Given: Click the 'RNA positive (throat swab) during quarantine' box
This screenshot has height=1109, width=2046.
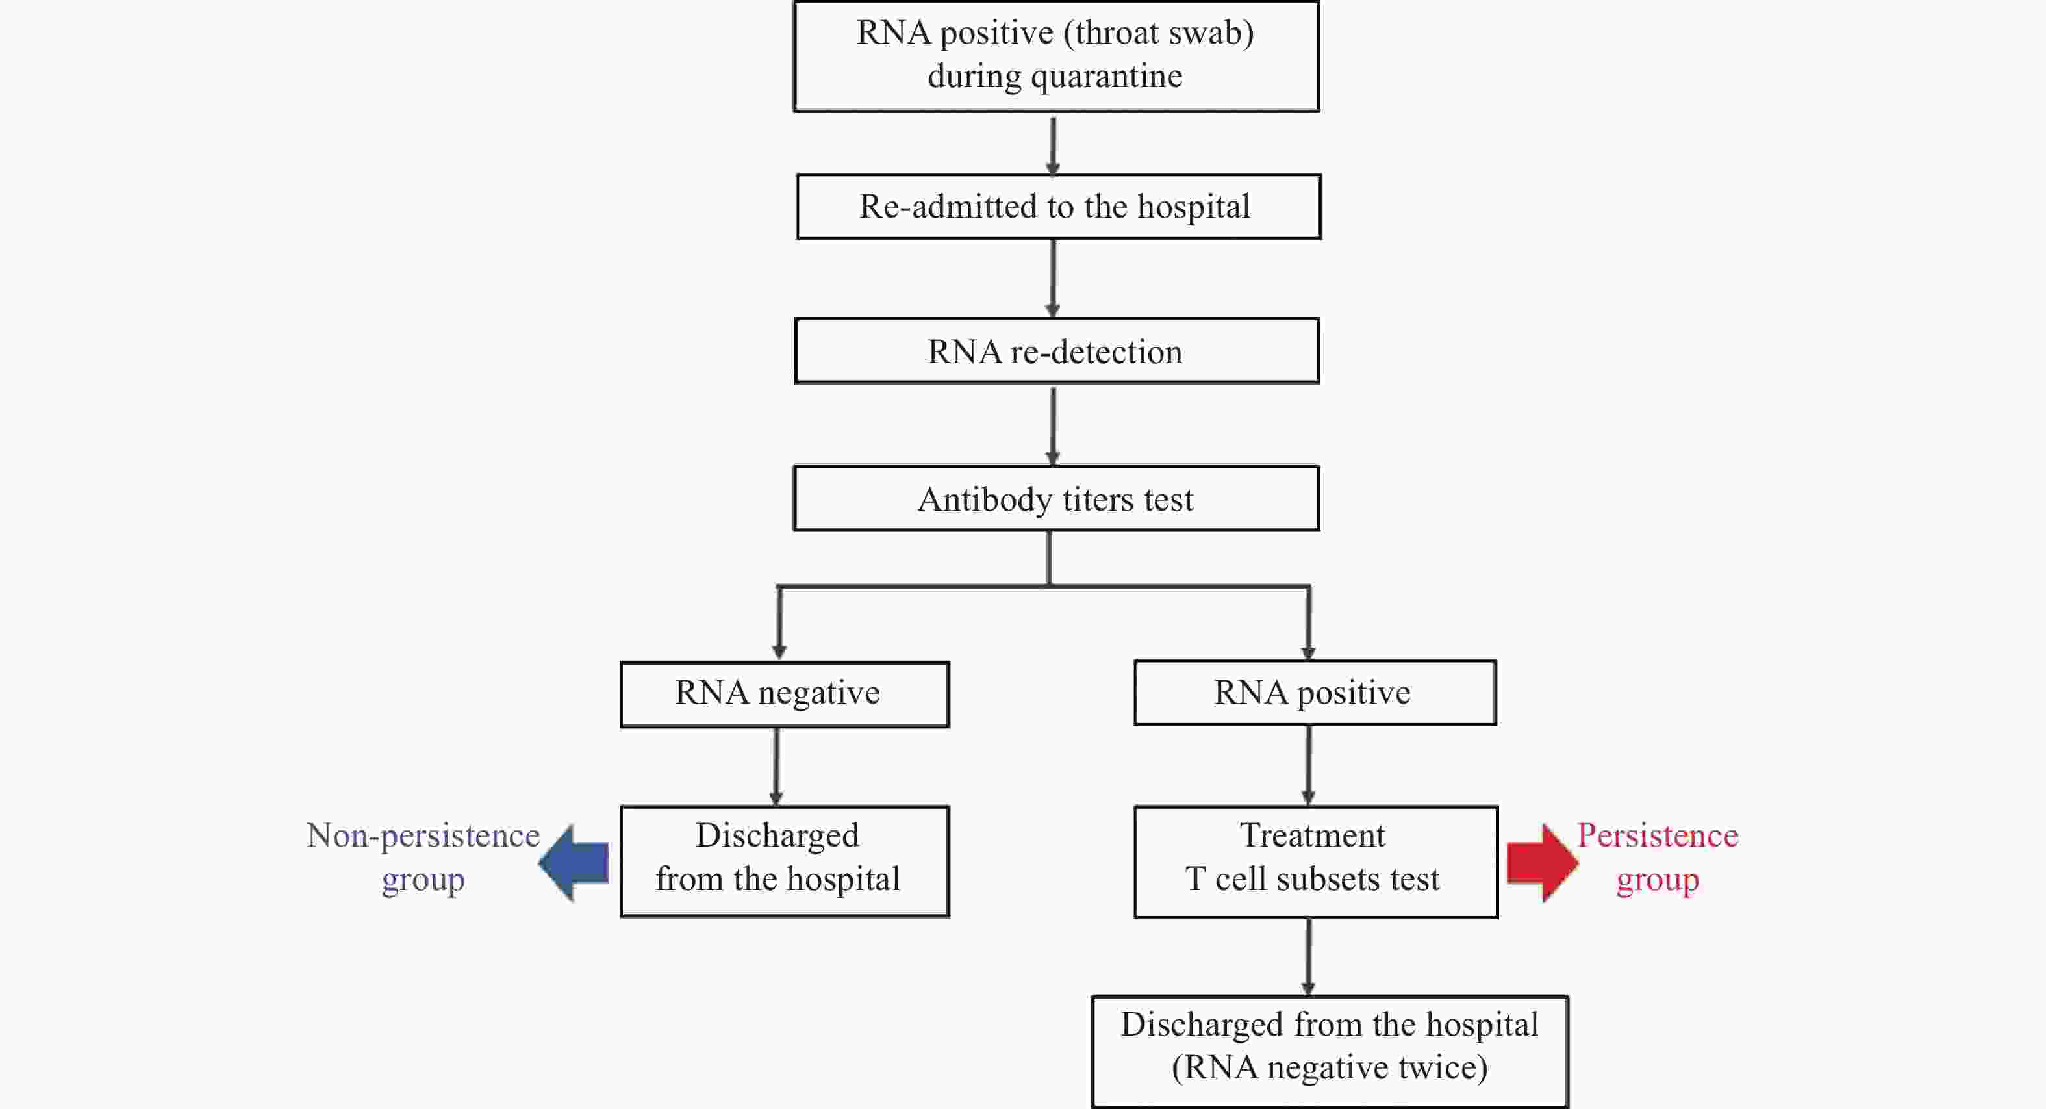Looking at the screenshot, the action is pyautogui.click(x=1056, y=56).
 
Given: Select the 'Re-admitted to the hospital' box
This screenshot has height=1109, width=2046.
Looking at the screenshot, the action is pyautogui.click(x=1059, y=207).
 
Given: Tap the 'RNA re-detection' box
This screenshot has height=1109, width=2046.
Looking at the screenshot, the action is pyautogui.click(x=1057, y=351).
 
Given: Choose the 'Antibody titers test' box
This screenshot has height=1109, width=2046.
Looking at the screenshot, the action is pyautogui.click(x=1056, y=498).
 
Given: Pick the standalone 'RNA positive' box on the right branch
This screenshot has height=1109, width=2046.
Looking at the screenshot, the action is pyautogui.click(x=1315, y=693).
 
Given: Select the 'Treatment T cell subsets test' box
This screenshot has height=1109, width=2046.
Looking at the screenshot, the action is pyautogui.click(x=1316, y=862).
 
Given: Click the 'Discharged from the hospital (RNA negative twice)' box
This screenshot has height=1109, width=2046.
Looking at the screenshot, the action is pyautogui.click(x=1330, y=1051).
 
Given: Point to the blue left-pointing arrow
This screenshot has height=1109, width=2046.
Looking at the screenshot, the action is pyautogui.click(x=574, y=863).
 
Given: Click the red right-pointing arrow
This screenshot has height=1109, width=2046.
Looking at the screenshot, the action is pyautogui.click(x=1543, y=863).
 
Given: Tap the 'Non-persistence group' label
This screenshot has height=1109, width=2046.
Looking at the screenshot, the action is pyautogui.click(x=423, y=857).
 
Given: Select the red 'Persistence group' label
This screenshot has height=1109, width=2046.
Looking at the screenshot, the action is pyautogui.click(x=1658, y=857).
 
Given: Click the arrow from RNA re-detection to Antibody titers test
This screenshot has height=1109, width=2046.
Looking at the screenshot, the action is pyautogui.click(x=1053, y=426).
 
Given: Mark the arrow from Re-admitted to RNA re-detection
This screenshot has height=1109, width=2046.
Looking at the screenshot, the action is pyautogui.click(x=1053, y=279).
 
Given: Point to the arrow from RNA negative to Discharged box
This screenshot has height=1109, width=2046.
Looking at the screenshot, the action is pyautogui.click(x=777, y=767).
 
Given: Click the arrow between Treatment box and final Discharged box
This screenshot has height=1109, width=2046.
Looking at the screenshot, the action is pyautogui.click(x=1308, y=957).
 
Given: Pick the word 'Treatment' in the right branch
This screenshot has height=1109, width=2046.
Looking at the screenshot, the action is pyautogui.click(x=1313, y=835).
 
